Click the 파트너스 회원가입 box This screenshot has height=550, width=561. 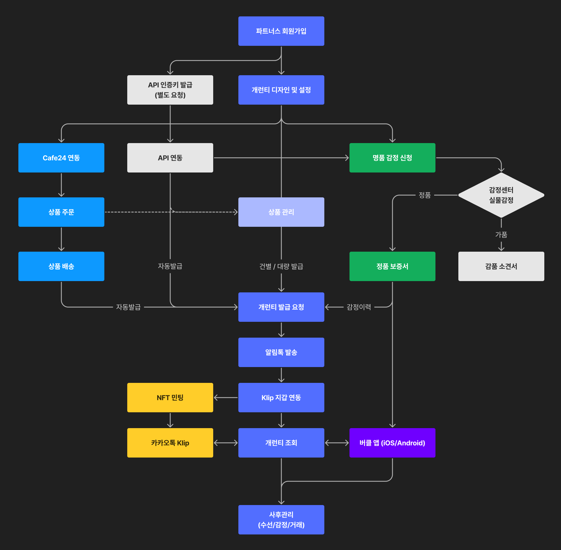point(281,31)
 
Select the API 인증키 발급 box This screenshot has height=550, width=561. point(170,90)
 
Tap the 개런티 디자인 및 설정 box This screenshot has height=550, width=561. point(281,90)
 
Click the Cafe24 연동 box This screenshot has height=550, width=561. point(61,158)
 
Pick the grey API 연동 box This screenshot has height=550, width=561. point(170,158)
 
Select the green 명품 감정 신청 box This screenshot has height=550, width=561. point(392,158)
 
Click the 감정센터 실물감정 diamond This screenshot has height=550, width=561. point(501,195)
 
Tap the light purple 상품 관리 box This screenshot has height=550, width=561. point(281,212)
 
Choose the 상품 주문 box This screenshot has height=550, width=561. point(61,212)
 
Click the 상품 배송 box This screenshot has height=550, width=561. point(61,266)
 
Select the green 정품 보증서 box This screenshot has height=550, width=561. point(392,266)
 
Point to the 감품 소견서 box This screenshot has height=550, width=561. point(501,266)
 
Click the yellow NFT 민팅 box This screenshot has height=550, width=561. point(170,398)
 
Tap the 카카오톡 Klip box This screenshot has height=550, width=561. point(170,443)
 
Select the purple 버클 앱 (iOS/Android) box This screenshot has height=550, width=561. point(392,443)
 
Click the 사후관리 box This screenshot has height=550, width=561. point(281,519)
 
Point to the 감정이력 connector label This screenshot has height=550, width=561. point(359,307)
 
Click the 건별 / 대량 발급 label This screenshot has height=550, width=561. point(281,266)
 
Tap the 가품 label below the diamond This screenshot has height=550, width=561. point(501,234)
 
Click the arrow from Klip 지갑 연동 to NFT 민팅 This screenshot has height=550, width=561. point(226,398)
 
